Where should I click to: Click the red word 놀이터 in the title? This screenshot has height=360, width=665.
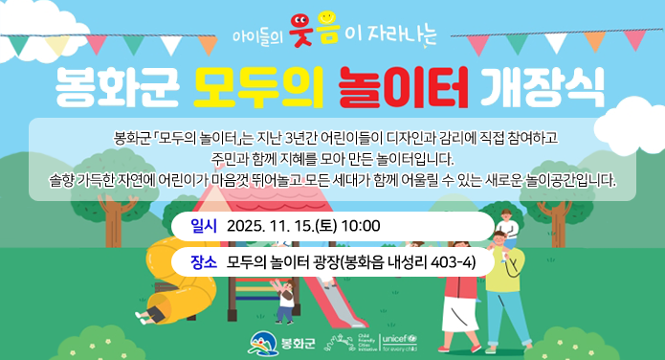[406, 88]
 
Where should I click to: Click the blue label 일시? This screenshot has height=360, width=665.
[205, 226]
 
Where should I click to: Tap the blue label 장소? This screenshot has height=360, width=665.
[204, 260]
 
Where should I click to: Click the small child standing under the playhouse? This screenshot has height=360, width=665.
[285, 301]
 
